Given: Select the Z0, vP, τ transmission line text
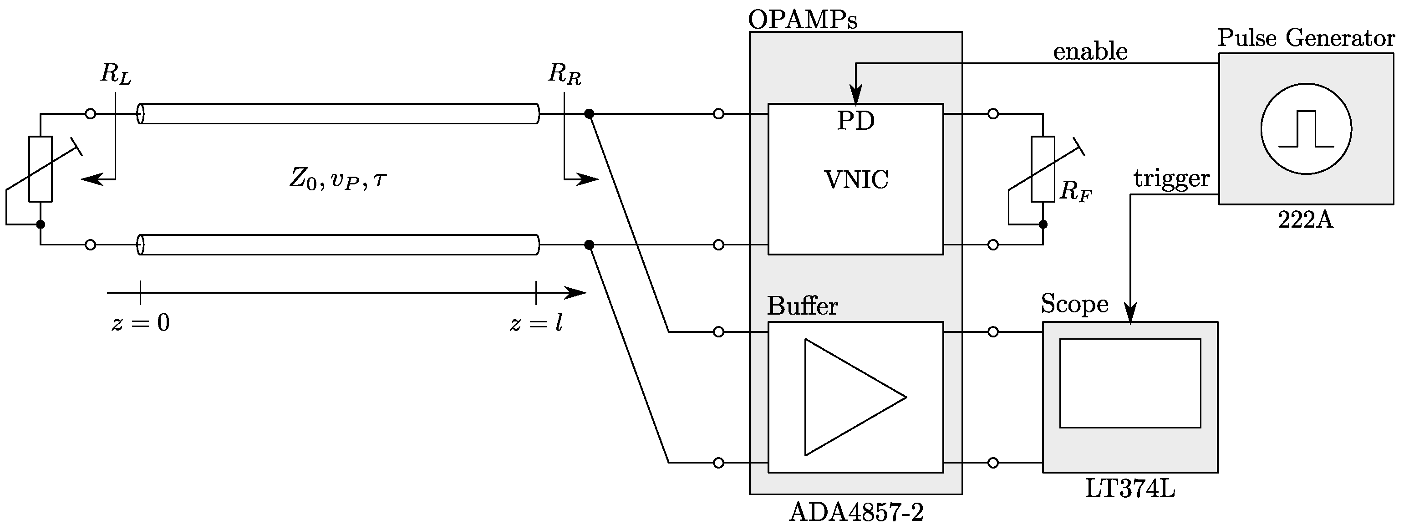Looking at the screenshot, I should tap(338, 179).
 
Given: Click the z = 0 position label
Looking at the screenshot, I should tap(141, 323).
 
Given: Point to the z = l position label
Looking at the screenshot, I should tap(536, 323).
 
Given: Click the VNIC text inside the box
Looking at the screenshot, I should tap(856, 180).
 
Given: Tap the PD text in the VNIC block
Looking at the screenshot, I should tap(856, 121).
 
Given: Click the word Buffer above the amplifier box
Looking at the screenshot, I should tap(802, 306).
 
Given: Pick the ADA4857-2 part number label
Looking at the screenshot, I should tap(856, 513).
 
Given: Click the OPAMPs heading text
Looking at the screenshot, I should tap(802, 20).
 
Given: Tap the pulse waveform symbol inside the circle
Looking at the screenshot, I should tap(1306, 129).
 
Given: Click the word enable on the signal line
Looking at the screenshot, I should tap(1090, 52).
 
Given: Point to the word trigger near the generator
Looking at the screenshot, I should tap(1172, 178).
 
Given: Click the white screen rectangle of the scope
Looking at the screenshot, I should tap(1130, 383).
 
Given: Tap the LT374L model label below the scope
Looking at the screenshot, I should tap(1130, 489).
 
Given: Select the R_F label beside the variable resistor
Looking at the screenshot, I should tap(1075, 192).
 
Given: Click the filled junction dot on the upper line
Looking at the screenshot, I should tap(589, 114).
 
